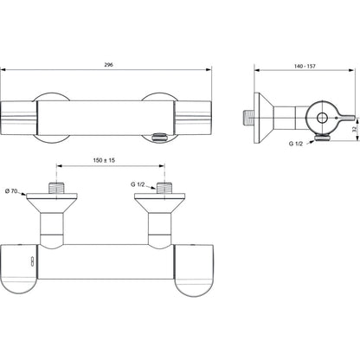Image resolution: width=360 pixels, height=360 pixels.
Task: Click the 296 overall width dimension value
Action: [x=108, y=65]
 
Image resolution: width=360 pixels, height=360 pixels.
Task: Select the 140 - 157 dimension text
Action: [x=305, y=66]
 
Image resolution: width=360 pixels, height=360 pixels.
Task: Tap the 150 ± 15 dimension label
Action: [x=104, y=160]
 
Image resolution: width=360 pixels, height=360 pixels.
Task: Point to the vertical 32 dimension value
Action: [x=355, y=129]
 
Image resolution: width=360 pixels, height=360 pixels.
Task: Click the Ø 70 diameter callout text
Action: [x=11, y=190]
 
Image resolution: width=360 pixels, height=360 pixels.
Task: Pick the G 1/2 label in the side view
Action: [x=296, y=144]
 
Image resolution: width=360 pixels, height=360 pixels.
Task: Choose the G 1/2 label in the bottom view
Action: [x=138, y=184]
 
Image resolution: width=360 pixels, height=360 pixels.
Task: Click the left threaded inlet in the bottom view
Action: [x=56, y=188]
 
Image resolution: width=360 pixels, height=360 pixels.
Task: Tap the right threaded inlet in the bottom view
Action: [x=164, y=188]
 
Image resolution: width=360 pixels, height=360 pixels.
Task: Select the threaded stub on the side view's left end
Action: [x=247, y=118]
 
